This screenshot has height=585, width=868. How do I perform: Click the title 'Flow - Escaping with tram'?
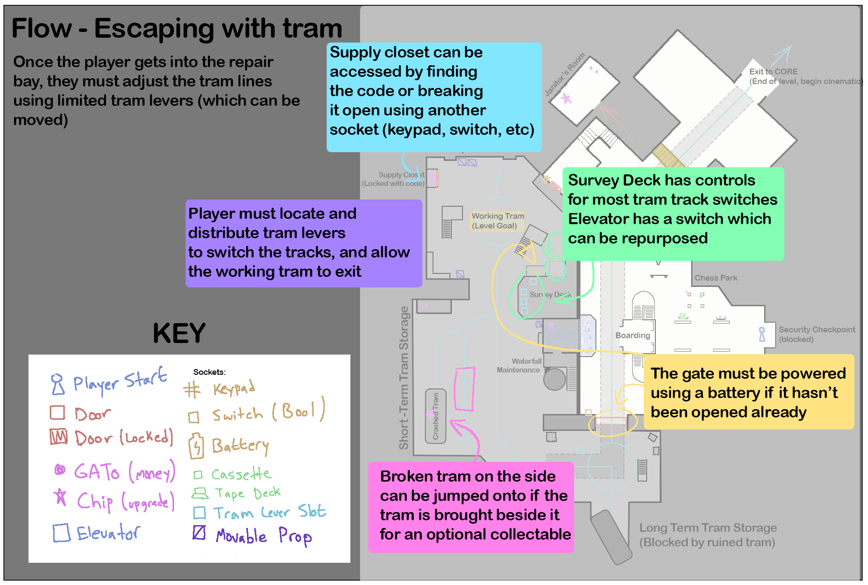[176, 28]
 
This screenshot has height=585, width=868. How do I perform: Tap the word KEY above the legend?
[179, 333]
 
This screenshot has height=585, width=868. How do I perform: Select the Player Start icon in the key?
[58, 384]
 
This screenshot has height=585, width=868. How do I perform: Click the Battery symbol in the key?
[196, 445]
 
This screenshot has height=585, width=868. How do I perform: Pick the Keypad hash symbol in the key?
[192, 389]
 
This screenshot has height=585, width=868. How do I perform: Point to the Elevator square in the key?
[61, 533]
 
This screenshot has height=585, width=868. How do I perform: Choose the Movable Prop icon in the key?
[199, 532]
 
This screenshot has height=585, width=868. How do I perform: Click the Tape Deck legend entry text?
[247, 493]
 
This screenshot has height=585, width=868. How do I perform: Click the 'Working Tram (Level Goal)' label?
[497, 221]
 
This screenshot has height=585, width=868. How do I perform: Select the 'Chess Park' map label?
[716, 278]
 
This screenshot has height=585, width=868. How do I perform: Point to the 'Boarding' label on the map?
[633, 335]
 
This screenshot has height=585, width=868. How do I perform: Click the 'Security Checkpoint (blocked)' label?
[816, 334]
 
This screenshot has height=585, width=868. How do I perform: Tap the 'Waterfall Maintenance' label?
[519, 365]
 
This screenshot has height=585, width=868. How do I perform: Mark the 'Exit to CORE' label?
[773, 71]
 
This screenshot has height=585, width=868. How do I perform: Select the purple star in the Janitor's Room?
[566, 99]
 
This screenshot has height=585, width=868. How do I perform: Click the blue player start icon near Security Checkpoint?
[762, 334]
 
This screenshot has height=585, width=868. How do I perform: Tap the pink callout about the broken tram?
[471, 507]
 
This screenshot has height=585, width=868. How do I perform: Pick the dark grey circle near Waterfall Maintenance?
[554, 379]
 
